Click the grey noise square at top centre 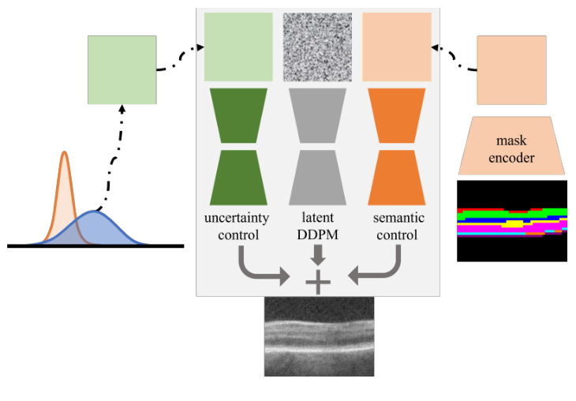point(317,47)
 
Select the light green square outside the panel point(122,69)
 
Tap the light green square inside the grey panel point(238,47)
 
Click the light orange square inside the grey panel point(396,47)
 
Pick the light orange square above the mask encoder point(511,69)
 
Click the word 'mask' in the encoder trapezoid point(511,141)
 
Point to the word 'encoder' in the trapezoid point(511,158)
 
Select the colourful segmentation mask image point(512,221)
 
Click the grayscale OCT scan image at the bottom point(319,336)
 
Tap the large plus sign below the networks point(317,281)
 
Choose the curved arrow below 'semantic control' point(374,267)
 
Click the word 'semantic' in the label point(397,216)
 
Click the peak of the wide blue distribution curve point(94,212)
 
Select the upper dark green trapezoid point(238,115)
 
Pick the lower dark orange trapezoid point(397,177)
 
